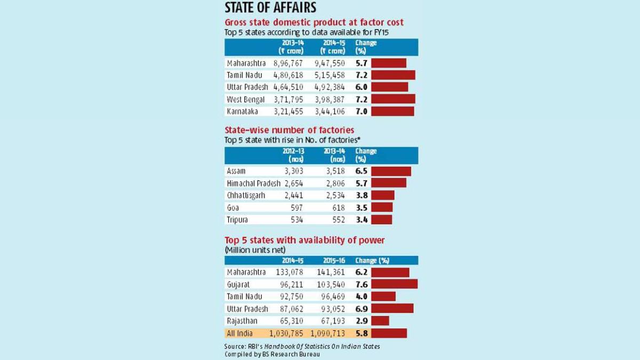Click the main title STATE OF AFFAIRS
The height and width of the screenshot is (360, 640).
pos(270,7)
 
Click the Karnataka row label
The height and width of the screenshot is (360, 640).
pos(242,111)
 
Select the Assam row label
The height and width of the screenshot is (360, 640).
pos(236,171)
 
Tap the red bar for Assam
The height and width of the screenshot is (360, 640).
pos(391,171)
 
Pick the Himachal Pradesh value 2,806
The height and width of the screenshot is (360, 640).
pos(334,183)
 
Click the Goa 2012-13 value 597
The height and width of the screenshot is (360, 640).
pos(296,207)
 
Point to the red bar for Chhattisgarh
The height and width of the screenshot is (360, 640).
pos(383,195)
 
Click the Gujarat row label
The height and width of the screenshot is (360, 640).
pos(239,284)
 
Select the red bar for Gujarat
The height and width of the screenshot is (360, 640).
pos(394,284)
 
